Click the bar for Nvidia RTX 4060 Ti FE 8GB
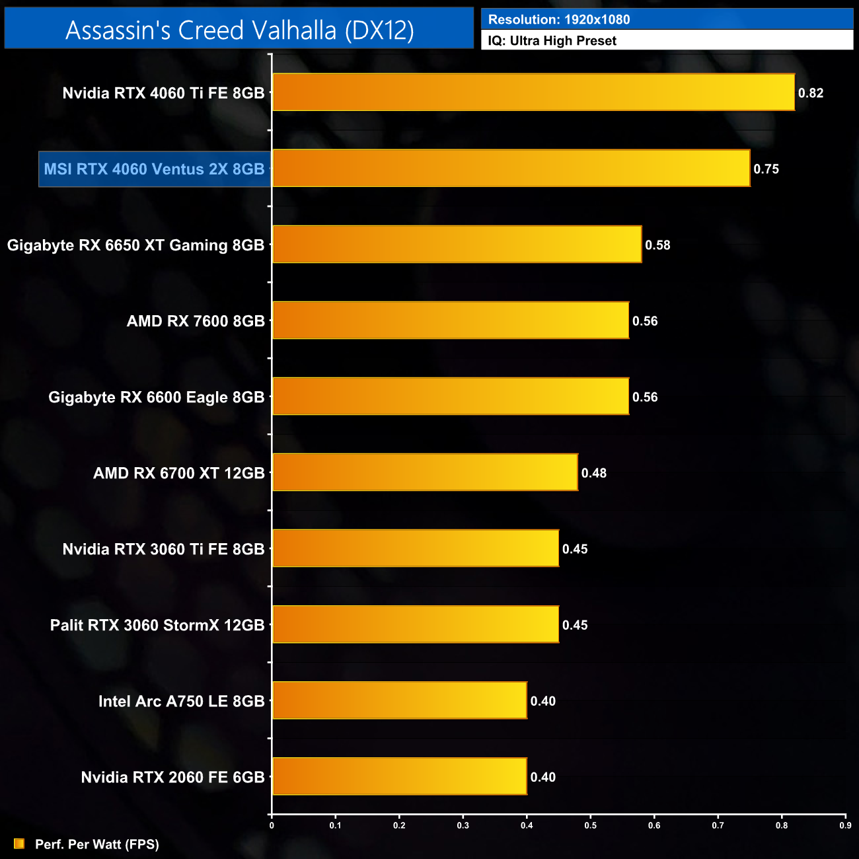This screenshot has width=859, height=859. pyautogui.click(x=533, y=93)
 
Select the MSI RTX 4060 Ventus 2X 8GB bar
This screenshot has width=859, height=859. pyautogui.click(x=511, y=168)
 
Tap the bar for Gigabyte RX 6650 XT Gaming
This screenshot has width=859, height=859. pyautogui.click(x=457, y=244)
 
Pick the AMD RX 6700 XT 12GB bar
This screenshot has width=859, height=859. pyautogui.click(x=425, y=472)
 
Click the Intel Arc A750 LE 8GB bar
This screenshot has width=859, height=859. pyautogui.click(x=400, y=700)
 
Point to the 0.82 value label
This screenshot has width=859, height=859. pyautogui.click(x=811, y=93)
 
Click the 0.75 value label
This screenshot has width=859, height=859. pyautogui.click(x=766, y=169)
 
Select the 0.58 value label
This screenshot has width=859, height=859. pyautogui.click(x=657, y=245)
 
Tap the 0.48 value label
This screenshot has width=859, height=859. pyautogui.click(x=593, y=473)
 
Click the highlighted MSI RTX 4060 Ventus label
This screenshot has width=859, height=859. pyautogui.click(x=154, y=169)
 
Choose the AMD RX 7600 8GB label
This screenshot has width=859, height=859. pyautogui.click(x=196, y=321)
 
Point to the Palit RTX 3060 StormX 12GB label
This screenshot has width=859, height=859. pyautogui.click(x=157, y=625)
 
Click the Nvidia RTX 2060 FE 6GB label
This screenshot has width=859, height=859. pyautogui.click(x=172, y=777)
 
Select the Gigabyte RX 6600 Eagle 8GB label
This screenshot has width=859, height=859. pyautogui.click(x=156, y=397)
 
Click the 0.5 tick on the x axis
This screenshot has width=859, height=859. pyautogui.click(x=591, y=825)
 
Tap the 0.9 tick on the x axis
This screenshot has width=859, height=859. pyautogui.click(x=845, y=825)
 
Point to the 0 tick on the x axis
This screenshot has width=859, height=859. pyautogui.click(x=272, y=825)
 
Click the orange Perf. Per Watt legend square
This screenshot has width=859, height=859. pyautogui.click(x=19, y=844)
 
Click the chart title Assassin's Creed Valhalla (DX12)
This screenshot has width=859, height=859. pyautogui.click(x=239, y=30)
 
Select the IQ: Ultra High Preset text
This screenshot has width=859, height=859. pyautogui.click(x=552, y=41)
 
